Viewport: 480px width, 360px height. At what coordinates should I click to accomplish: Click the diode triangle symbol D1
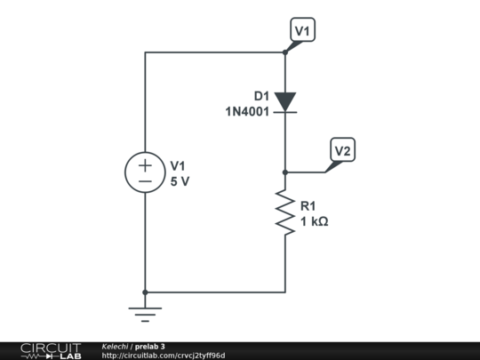coord(284,101)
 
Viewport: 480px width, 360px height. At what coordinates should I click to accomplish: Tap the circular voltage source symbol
coord(144,172)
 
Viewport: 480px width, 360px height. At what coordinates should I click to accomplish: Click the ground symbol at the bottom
coord(144,311)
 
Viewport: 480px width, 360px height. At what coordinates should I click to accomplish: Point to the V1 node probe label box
coord(303,31)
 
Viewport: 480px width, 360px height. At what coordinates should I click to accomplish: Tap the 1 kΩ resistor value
coord(315,221)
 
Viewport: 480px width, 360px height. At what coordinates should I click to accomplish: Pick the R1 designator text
coord(308,206)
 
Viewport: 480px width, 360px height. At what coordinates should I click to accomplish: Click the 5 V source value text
coord(180,180)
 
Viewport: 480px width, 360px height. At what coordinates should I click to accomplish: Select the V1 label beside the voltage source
coord(179,165)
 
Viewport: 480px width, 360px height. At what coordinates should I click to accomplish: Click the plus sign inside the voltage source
coord(144,164)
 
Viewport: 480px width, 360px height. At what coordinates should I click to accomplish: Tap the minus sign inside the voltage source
coord(144,180)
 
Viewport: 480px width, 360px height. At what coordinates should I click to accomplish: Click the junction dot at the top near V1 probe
coord(284,52)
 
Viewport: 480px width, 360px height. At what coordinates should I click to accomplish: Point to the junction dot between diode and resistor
coord(284,172)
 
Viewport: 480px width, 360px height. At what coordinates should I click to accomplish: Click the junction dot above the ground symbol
coord(144,292)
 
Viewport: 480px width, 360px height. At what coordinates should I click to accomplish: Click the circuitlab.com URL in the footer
coord(164,356)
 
